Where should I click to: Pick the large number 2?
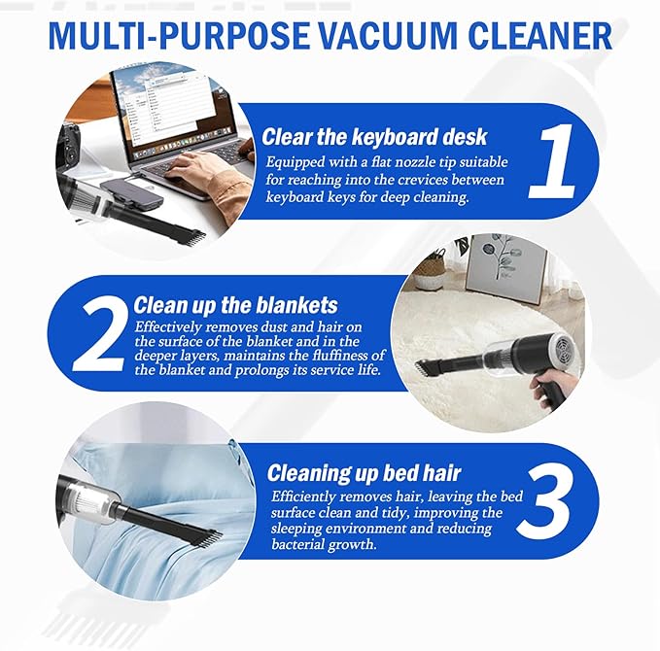click(97, 333)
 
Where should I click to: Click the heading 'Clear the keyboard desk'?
click(374, 136)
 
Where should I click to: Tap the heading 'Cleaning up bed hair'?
click(365, 474)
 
